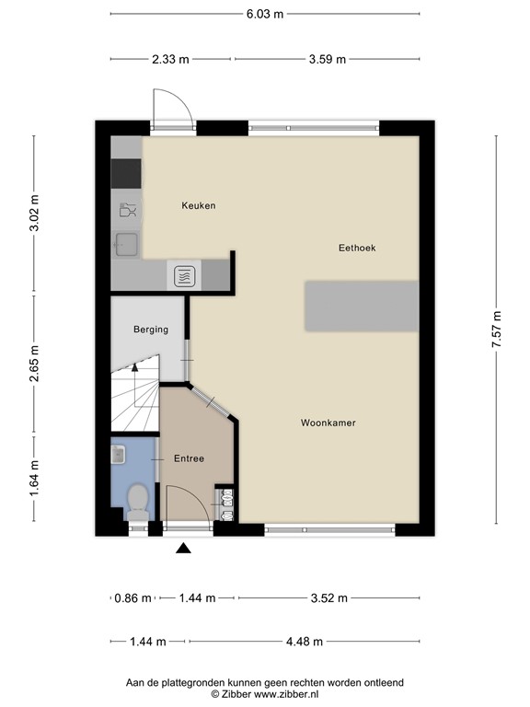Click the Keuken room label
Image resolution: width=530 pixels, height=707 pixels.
[x=198, y=206]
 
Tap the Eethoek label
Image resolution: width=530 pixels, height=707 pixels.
[x=357, y=249]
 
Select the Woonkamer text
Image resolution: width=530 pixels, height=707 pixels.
[x=328, y=423]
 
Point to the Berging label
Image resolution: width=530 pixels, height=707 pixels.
[x=150, y=330]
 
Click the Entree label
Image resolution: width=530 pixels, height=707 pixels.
[x=189, y=458]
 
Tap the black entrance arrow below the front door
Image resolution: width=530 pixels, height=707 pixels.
[x=184, y=549]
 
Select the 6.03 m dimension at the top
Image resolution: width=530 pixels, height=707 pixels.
[x=264, y=14]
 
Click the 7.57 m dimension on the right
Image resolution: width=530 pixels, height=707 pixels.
[x=497, y=327]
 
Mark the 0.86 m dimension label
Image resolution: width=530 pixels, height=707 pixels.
[x=133, y=598]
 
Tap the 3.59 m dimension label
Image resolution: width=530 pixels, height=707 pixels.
[x=327, y=60]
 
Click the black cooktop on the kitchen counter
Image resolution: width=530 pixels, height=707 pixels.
[x=126, y=173]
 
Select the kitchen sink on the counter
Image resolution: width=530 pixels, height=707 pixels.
[x=126, y=244]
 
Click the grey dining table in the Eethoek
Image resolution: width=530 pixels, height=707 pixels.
[x=362, y=307]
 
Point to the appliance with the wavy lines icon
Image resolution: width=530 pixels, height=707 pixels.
[x=183, y=273]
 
